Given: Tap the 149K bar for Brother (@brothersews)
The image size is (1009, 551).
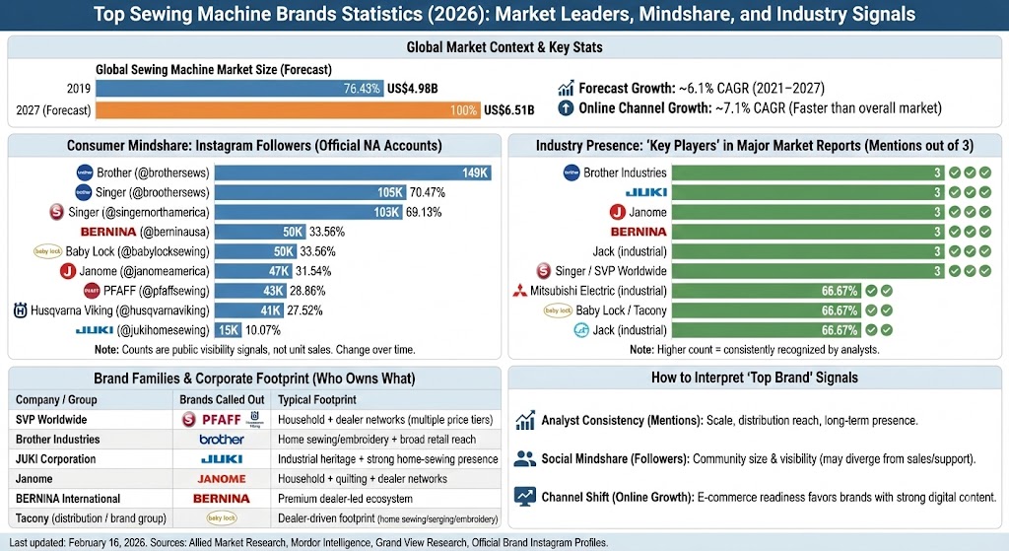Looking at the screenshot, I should click(353, 173).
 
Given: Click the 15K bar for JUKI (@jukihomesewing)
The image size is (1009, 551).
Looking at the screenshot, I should click(229, 330).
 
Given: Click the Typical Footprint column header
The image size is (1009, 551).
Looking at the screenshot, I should click(316, 400).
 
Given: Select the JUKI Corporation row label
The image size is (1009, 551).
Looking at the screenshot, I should click(56, 459).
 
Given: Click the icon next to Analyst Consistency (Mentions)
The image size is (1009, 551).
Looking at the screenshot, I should click(525, 421).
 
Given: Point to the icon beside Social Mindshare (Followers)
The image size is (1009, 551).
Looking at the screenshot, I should click(525, 458).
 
